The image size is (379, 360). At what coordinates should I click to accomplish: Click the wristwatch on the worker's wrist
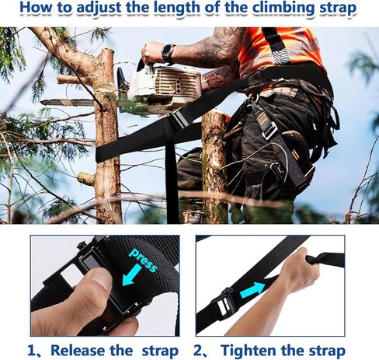[168, 53]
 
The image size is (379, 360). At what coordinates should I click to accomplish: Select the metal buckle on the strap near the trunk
[178, 119]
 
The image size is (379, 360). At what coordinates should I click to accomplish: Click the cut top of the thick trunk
[213, 117]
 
